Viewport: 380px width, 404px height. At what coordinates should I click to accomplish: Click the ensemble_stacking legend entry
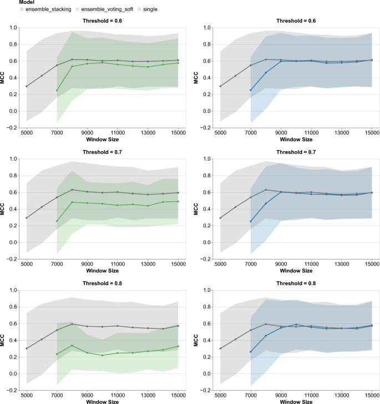tap(45, 9)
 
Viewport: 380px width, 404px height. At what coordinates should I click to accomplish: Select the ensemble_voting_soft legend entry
tap(104, 9)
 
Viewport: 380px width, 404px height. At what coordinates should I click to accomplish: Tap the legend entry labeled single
tap(147, 9)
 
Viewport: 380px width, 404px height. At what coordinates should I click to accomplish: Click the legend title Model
tap(27, 2)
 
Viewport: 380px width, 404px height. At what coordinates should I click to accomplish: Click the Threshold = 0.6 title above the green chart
tap(103, 21)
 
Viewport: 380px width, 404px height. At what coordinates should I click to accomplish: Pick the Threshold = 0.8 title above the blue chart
tap(296, 283)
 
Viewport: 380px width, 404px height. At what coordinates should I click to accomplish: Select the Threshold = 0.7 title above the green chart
tap(103, 152)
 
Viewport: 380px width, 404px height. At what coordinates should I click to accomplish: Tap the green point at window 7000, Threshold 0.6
tap(57, 91)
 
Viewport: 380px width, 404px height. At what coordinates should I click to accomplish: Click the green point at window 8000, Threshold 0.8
tap(72, 346)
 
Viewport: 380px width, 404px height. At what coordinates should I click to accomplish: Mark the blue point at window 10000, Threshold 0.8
tap(296, 325)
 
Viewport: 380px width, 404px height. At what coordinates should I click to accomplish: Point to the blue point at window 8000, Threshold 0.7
tap(266, 203)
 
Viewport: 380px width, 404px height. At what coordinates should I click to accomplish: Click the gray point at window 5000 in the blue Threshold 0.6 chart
tap(220, 86)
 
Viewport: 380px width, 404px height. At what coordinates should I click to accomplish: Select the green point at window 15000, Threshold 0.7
tap(178, 202)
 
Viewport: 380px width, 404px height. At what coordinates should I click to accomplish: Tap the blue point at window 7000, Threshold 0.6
tap(251, 90)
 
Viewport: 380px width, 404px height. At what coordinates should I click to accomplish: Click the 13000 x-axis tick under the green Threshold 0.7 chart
tap(148, 264)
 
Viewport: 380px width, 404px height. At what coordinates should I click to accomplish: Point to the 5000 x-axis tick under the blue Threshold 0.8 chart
tap(220, 395)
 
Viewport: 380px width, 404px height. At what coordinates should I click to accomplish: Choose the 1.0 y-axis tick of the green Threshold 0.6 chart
tap(13, 28)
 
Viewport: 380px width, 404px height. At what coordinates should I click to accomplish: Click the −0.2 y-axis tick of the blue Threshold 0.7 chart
tap(206, 259)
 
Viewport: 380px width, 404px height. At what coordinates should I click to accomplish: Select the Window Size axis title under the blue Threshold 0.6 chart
tap(296, 139)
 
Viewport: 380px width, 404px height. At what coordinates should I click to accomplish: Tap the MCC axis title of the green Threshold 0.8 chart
tap(3, 340)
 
